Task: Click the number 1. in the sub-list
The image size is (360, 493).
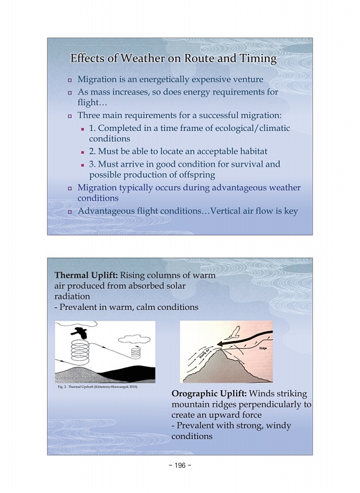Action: coord(93,128)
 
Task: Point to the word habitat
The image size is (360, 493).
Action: coord(251,151)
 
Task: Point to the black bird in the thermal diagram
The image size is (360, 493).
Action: coord(84,333)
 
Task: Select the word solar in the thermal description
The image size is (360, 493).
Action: coord(201,286)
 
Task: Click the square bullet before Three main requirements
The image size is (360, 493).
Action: coord(69,116)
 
